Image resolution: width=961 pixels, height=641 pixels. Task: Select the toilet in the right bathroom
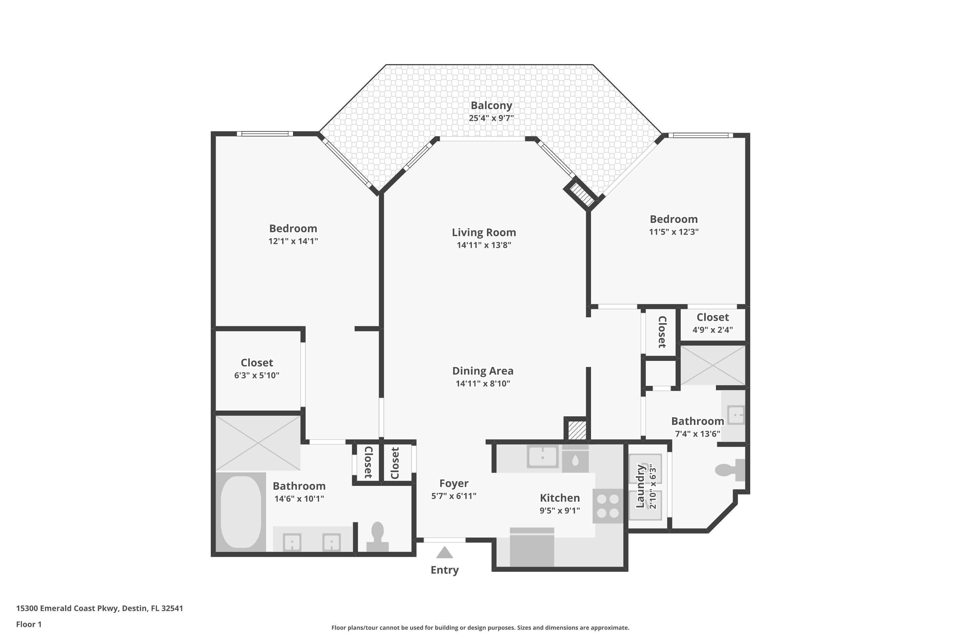point(730,470)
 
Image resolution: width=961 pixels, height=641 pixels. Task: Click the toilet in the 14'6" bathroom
point(377,536)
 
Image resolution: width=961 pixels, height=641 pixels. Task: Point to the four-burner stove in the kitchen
point(608,506)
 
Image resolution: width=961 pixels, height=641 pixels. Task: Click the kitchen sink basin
point(542,457)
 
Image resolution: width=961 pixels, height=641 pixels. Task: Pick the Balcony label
point(491,105)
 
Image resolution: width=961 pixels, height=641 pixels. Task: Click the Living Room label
point(484,232)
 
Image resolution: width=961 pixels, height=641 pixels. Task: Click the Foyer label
point(454,483)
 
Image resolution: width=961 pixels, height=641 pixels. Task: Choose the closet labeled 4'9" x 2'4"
point(712,323)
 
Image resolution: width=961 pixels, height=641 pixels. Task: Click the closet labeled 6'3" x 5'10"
point(257,368)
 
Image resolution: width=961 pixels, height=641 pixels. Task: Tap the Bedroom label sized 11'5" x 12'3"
point(673,219)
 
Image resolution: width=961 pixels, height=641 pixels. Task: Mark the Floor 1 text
point(29,624)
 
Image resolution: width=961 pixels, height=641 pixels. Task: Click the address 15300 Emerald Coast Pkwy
point(99,608)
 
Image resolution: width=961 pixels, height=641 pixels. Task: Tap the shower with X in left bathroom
point(258,443)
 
